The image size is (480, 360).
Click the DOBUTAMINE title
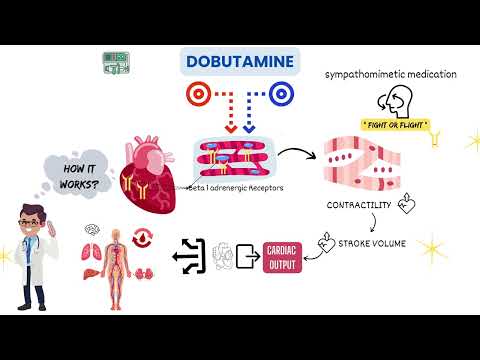(240, 62)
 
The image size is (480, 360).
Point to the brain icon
(91, 230)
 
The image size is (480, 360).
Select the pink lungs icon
(91, 252)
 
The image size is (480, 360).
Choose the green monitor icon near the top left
(116, 64)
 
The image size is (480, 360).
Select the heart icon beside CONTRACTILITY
(407, 204)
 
